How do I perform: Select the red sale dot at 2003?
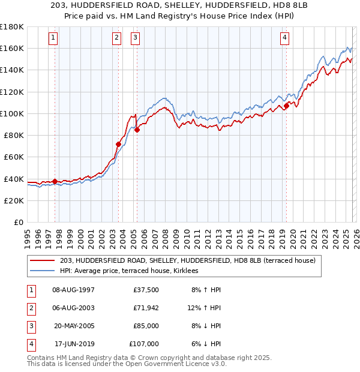point(118,144)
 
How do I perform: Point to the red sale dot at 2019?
point(287,106)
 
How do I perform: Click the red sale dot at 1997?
point(55,181)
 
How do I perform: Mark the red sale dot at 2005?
point(137,130)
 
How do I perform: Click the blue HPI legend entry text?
point(133,271)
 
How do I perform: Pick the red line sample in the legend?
point(43,260)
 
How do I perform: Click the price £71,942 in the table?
point(146,308)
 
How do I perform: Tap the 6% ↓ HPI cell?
point(206,344)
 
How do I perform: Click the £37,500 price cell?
point(146,290)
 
